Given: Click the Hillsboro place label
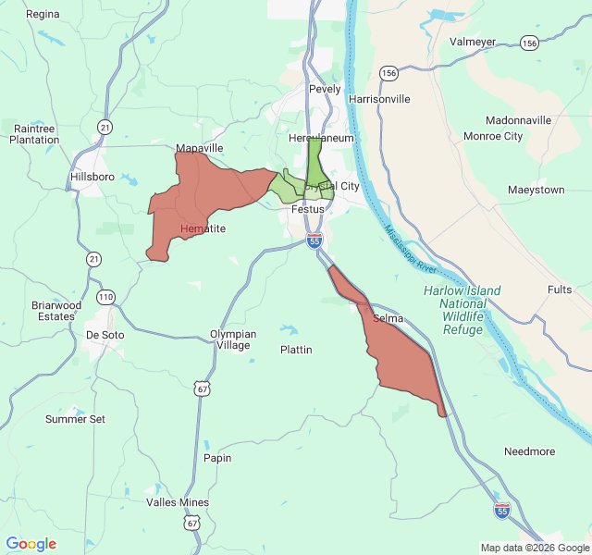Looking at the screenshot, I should pyautogui.click(x=92, y=176).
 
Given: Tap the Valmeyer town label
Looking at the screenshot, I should pyautogui.click(x=473, y=42).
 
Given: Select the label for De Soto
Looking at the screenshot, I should pyautogui.click(x=105, y=335).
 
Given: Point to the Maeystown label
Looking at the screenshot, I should pyautogui.click(x=536, y=190).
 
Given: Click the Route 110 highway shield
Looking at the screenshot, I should pyautogui.click(x=106, y=297).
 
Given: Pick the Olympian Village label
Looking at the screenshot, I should pyautogui.click(x=232, y=339).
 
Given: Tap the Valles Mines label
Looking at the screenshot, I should pyautogui.click(x=178, y=502).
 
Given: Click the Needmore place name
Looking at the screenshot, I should pyautogui.click(x=529, y=451).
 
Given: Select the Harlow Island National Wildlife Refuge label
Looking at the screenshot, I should pyautogui.click(x=462, y=310).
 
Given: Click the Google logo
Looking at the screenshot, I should pyautogui.click(x=31, y=544).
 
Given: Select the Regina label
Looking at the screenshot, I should pyautogui.click(x=43, y=14).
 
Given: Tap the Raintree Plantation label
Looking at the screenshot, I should pyautogui.click(x=34, y=133).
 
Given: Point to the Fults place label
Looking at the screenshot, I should pyautogui.click(x=560, y=290).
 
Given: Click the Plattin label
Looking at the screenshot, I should pyautogui.click(x=296, y=350).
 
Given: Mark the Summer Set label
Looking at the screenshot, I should pyautogui.click(x=75, y=419).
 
